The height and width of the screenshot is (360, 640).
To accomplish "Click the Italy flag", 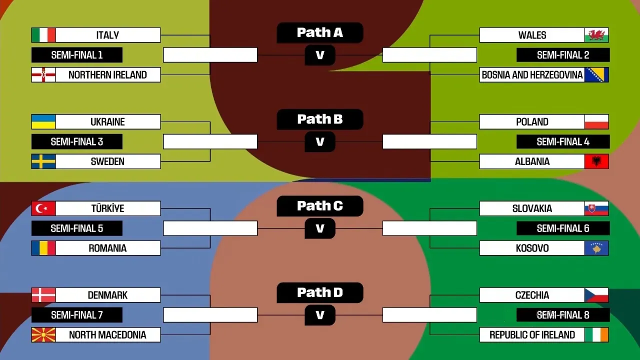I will [43, 35].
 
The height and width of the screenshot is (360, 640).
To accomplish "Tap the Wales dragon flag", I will [596, 35].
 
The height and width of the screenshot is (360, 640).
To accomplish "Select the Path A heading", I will [320, 32].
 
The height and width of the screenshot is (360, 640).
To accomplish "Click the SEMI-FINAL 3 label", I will [77, 141].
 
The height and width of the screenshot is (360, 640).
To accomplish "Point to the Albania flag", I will [596, 161].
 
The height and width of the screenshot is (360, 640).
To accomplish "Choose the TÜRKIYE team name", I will [107, 208].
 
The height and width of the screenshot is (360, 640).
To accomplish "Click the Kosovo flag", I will [596, 248].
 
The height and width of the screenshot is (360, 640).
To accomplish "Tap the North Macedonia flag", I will [43, 334].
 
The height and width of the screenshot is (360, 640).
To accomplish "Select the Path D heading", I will [320, 292].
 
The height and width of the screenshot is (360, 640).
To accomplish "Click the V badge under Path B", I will [320, 142].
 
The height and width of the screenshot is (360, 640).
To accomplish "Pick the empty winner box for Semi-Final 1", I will [210, 55].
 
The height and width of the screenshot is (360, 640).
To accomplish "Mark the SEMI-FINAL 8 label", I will [563, 315].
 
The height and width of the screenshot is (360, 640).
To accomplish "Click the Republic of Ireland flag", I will [596, 334].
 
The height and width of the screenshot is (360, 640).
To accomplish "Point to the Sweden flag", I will [43, 161].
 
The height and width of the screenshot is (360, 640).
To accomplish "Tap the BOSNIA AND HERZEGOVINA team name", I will [532, 75].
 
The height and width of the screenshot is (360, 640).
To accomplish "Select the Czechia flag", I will [596, 295].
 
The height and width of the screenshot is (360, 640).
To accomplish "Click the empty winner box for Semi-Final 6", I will [429, 228].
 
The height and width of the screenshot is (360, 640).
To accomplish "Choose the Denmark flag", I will [43, 295].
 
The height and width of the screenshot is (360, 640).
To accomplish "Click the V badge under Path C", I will [320, 228].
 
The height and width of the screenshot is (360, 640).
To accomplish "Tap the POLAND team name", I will [532, 122].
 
